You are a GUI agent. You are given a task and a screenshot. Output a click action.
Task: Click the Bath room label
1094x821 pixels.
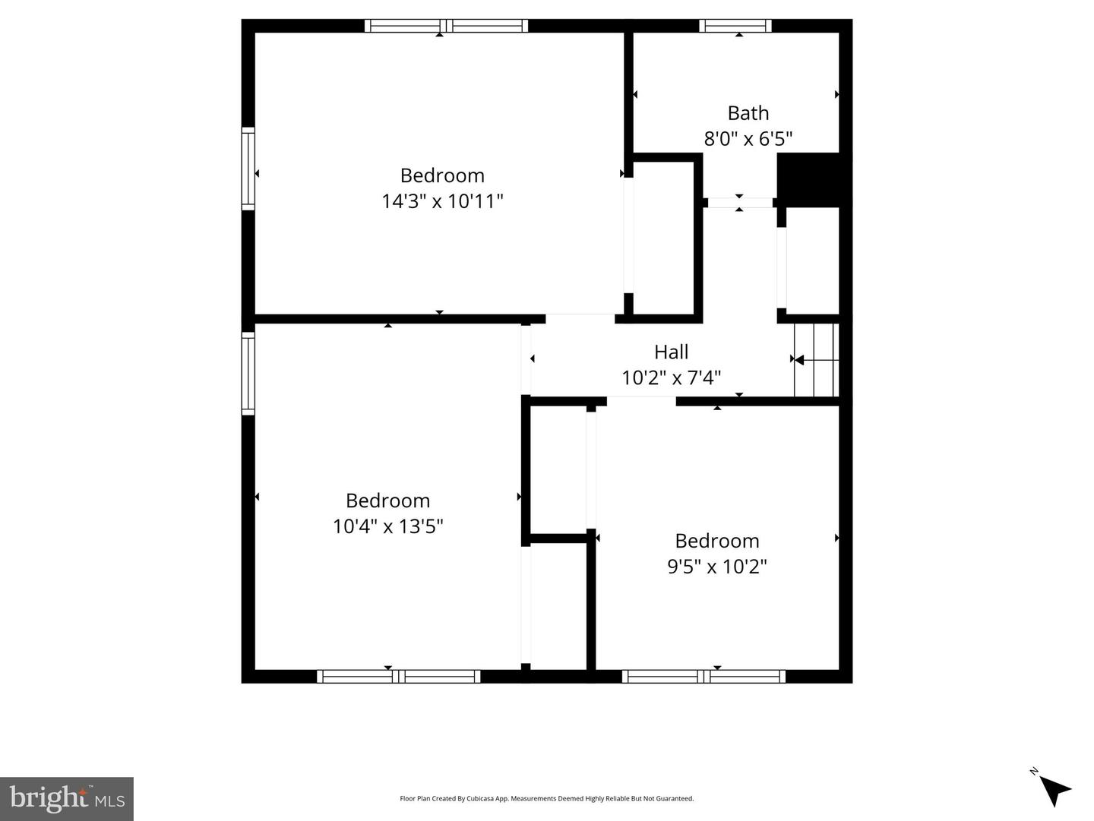tap(748, 113)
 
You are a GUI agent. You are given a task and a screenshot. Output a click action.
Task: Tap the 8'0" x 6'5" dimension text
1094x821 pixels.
tap(748, 139)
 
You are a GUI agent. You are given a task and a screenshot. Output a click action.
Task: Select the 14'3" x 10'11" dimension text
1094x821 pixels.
tap(442, 201)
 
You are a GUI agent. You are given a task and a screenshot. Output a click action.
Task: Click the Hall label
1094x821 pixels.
tap(671, 352)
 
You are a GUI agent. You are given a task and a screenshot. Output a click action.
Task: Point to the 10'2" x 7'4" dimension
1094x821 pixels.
tap(671, 377)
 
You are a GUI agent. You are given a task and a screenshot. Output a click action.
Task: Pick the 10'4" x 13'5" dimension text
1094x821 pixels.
tap(387, 526)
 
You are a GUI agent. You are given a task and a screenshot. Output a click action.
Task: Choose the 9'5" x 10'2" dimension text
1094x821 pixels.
tap(716, 567)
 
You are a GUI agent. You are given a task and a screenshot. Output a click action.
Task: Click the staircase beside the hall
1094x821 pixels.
tap(817, 360)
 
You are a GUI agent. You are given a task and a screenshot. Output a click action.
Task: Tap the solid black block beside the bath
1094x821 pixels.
tap(808, 178)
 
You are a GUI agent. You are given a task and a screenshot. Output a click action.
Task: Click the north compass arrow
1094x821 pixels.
tap(1054, 790)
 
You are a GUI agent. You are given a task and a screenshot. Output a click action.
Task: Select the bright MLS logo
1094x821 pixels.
tap(67, 799)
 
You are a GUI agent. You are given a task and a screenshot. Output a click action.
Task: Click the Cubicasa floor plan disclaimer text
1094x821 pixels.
tap(546, 799)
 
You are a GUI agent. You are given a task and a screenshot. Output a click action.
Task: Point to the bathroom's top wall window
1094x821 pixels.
tap(735, 26)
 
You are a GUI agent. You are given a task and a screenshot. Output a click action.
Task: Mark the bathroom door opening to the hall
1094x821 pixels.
tap(739, 203)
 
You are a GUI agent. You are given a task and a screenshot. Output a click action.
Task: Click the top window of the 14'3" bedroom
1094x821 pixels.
tap(446, 26)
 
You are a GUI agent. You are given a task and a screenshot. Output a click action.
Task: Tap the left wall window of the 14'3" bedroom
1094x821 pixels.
tap(248, 169)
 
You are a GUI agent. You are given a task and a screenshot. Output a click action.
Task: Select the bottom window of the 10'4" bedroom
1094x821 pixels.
tap(398, 676)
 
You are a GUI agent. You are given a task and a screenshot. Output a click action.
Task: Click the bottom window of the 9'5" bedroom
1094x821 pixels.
tap(704, 676)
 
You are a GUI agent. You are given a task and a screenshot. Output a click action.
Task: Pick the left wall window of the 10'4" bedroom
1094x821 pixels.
tap(248, 373)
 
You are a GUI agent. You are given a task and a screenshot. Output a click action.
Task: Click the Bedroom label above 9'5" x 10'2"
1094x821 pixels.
tap(716, 541)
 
